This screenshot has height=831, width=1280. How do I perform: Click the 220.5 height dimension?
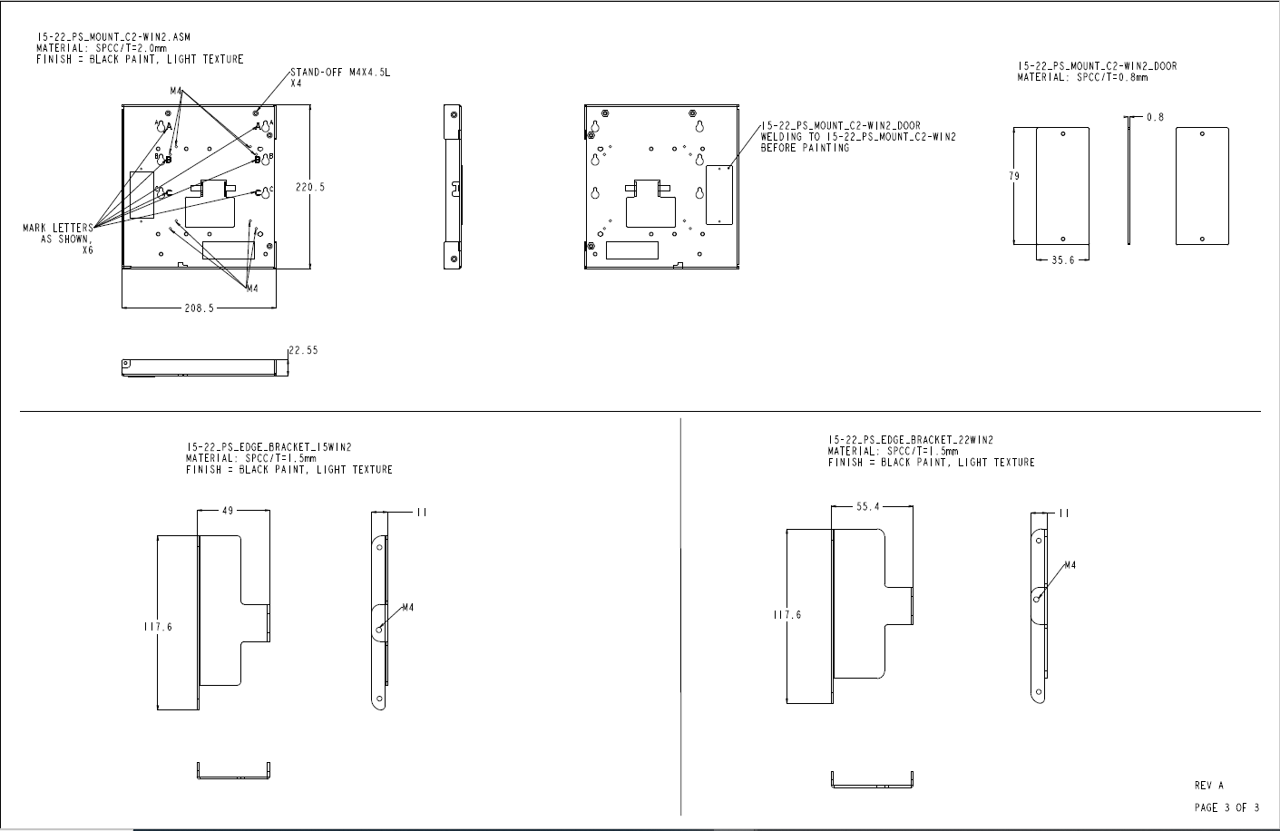(x=310, y=187)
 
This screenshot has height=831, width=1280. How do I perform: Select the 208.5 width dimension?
(x=199, y=308)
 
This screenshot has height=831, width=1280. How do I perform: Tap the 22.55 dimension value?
(x=303, y=350)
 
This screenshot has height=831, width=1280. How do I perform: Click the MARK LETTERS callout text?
(x=58, y=228)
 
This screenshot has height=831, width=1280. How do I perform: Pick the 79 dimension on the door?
(x=1014, y=176)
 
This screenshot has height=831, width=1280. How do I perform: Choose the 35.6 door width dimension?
(x=1063, y=260)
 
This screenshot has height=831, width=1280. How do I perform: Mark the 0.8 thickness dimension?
(x=1156, y=117)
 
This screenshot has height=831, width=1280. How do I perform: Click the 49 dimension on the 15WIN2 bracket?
(x=228, y=511)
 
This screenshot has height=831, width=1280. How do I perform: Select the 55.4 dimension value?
(x=868, y=506)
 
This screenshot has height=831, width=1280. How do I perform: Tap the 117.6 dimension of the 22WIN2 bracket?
(x=787, y=615)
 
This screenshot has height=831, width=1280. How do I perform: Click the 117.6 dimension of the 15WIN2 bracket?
(x=158, y=627)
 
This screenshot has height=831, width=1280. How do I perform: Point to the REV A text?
(x=1209, y=786)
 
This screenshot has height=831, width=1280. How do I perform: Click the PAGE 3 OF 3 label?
(x=1226, y=807)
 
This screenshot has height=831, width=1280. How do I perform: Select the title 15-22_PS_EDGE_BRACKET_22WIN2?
(x=911, y=440)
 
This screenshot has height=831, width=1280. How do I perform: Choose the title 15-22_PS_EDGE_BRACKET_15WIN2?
(x=269, y=447)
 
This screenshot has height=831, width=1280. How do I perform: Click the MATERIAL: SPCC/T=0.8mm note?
(x=1082, y=77)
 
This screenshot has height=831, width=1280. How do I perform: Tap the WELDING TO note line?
(x=858, y=137)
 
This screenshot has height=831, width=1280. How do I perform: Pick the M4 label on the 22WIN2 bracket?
(x=1070, y=565)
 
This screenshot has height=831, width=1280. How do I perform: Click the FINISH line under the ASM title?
(x=140, y=60)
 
